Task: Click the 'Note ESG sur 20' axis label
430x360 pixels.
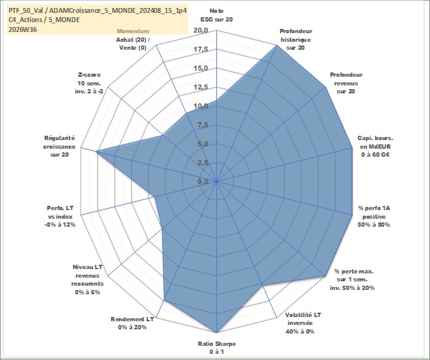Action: (x=217, y=15)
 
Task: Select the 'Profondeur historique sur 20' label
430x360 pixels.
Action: (x=295, y=39)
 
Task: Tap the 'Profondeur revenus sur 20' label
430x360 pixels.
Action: (x=346, y=83)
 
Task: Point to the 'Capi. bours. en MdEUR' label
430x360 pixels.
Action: (x=375, y=143)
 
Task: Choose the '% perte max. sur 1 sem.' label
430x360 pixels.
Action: (x=354, y=276)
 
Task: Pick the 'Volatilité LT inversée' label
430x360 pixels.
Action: (x=303, y=319)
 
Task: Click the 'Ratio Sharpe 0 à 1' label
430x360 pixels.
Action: (x=217, y=348)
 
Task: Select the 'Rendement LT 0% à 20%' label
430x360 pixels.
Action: (x=132, y=323)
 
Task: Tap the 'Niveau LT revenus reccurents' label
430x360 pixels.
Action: (x=87, y=276)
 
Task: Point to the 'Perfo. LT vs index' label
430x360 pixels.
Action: (x=60, y=213)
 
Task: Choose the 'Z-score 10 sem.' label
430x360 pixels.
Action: (x=90, y=79)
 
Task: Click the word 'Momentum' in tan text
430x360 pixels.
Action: (x=133, y=31)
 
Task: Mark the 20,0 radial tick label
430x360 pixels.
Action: (x=201, y=31)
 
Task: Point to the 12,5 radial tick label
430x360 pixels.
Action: (x=201, y=87)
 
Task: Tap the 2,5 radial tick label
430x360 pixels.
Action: (x=203, y=163)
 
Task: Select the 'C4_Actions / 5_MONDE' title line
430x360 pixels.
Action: (x=44, y=20)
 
